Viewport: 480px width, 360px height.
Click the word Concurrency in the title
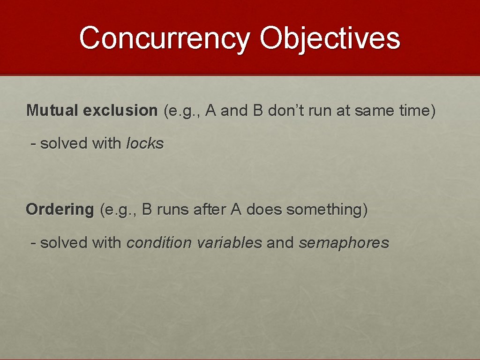(x=165, y=38)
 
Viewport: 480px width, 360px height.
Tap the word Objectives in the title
(x=330, y=38)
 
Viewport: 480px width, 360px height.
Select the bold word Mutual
(x=52, y=111)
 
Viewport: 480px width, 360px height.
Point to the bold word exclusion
(x=120, y=111)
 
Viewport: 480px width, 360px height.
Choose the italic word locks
(x=145, y=143)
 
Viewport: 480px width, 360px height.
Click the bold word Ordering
(x=60, y=210)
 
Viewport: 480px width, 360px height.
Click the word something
(x=324, y=210)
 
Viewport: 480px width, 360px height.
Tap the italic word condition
(x=159, y=243)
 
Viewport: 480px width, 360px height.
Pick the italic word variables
(x=229, y=243)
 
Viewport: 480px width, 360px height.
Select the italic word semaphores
(x=344, y=243)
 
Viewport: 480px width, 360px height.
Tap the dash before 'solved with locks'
(x=33, y=143)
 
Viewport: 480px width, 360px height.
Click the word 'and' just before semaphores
(x=280, y=243)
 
